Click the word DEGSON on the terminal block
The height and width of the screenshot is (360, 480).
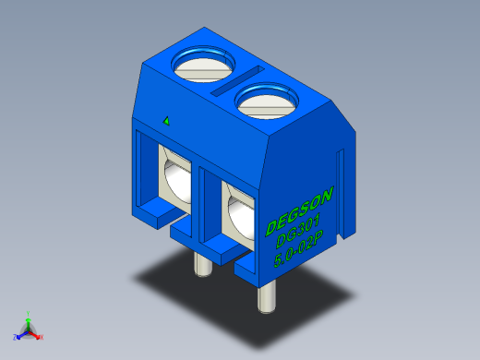pos(300,210)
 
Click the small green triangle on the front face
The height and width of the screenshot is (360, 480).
pos(166,120)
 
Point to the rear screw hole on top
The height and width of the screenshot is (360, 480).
pos(204,64)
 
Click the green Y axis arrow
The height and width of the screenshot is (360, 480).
pos(29,318)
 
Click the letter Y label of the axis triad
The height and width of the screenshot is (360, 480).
pos(29,312)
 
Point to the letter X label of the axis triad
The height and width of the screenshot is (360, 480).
pos(42,337)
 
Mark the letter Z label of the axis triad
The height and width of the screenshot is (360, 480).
pos(15,338)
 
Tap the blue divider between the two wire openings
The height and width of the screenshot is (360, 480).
pos(209,198)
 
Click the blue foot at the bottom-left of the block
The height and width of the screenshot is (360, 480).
pos(155,216)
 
